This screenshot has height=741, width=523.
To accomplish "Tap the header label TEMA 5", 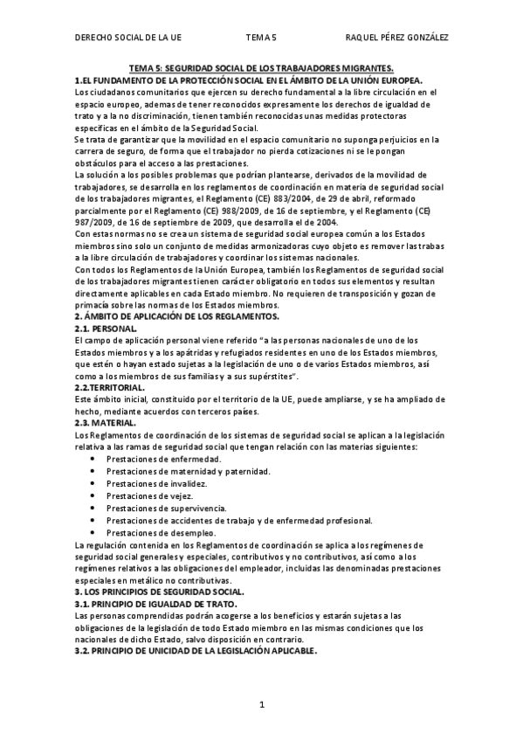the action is [261, 38].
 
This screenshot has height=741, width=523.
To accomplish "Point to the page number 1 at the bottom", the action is [261, 704].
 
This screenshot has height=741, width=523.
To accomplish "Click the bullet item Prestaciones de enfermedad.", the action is [162, 459].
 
